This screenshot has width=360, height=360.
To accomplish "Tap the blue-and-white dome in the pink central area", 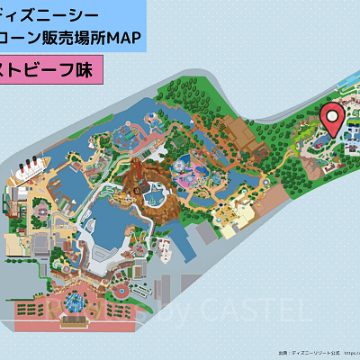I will (193, 168).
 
